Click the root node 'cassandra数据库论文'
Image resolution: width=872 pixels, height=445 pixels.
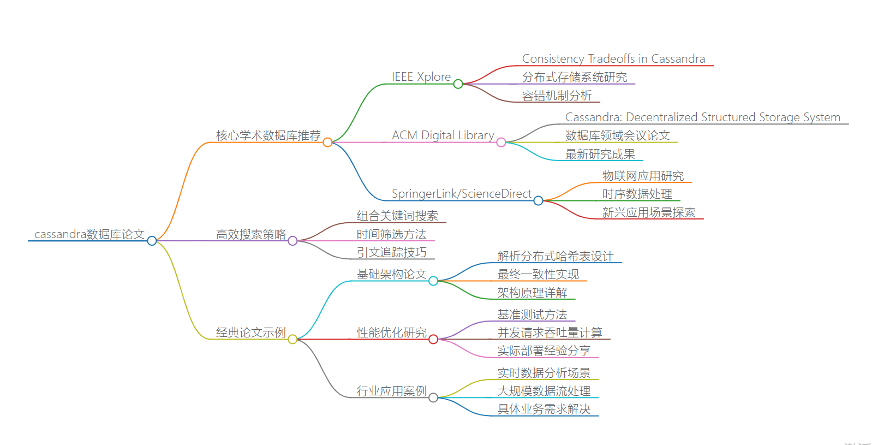[89, 234]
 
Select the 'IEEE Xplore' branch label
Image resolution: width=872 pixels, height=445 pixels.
[421, 77]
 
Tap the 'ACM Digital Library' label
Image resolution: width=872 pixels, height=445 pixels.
[443, 135]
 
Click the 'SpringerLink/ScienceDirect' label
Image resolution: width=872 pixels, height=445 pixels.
[462, 194]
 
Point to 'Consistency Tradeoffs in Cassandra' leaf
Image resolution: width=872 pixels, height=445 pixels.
[613, 59]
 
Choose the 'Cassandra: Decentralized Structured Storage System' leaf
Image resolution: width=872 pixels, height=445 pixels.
[703, 117]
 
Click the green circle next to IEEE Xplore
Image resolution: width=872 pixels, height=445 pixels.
[458, 84]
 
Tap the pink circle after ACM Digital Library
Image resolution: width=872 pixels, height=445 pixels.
[501, 143]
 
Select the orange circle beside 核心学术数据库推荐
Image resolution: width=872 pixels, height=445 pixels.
[327, 143]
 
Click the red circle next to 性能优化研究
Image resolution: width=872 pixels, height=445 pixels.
[433, 340]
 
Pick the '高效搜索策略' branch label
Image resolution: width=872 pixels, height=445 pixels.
[251, 234]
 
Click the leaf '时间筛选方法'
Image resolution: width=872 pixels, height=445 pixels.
[392, 234]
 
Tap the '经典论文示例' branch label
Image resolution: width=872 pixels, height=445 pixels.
[251, 333]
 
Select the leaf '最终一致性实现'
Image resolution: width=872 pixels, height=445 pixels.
[538, 274]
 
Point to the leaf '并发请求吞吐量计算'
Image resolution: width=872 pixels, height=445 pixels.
[550, 333]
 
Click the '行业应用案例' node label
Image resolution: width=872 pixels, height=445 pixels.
[392, 391]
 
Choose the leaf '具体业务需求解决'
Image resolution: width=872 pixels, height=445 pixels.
[544, 409]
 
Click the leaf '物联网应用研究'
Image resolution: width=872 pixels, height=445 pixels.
[643, 176]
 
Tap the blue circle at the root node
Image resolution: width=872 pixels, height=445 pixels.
[152, 241]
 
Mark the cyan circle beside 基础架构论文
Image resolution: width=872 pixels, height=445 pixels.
[433, 281]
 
